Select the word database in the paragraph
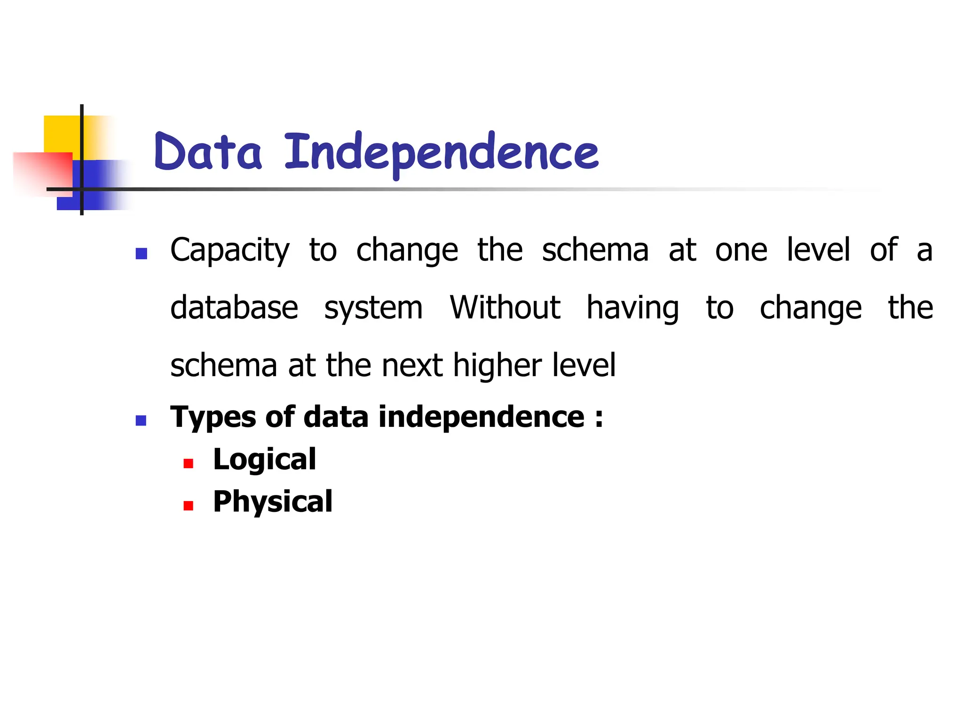coord(234,308)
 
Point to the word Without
coord(505,308)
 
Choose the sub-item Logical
coord(264,459)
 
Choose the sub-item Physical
coord(273,502)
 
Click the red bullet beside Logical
coord(189,464)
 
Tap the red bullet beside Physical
coord(189,506)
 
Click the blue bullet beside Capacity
coord(141,254)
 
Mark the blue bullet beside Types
coord(141,420)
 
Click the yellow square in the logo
coord(61,133)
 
